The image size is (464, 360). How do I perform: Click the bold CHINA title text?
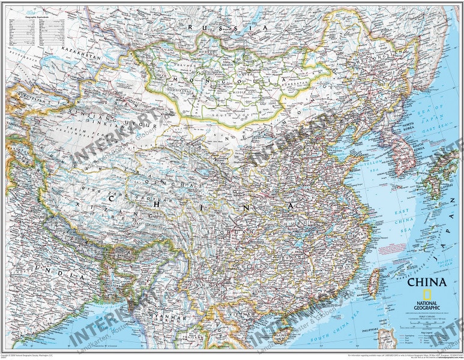[427, 282]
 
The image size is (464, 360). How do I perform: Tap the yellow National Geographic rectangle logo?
[427, 294]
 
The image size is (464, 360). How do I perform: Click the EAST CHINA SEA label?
[399, 220]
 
